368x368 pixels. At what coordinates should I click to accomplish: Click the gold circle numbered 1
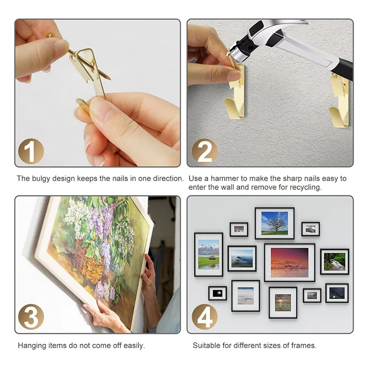31,151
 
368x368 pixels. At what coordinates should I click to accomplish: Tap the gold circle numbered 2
205,151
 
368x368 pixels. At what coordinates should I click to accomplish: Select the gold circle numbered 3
31,317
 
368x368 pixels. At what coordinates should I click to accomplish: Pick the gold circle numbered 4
205,317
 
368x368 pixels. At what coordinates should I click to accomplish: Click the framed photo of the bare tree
275,223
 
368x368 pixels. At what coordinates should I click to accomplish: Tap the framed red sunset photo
290,262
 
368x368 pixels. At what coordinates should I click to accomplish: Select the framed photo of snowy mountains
209,254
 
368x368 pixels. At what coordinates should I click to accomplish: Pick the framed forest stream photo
335,262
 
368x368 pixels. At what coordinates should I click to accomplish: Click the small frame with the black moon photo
218,293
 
